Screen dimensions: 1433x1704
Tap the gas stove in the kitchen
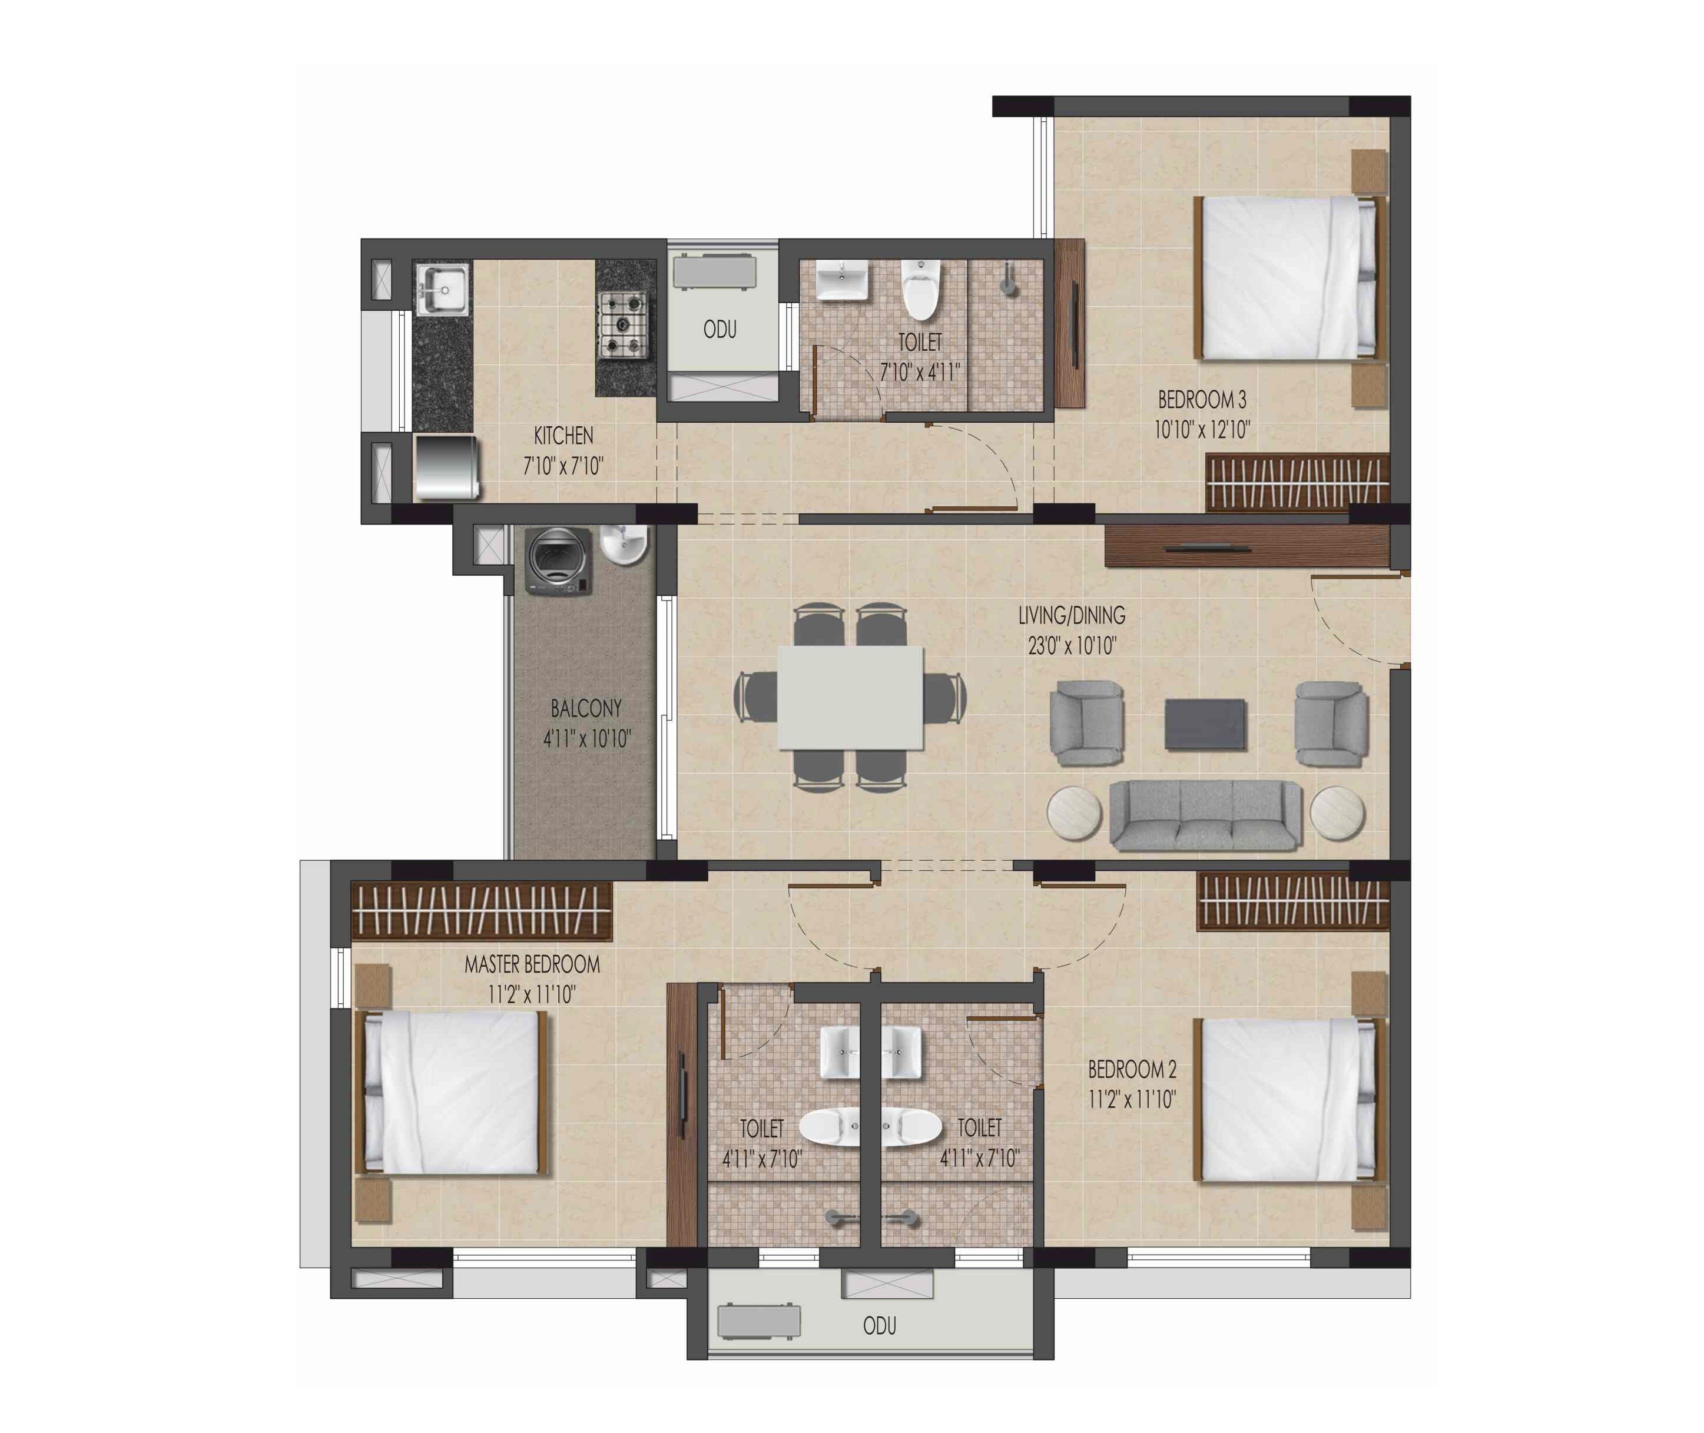click(622, 325)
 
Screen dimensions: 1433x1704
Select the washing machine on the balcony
click(558, 560)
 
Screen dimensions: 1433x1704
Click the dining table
click(850, 697)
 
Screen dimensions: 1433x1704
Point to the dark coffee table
click(1205, 724)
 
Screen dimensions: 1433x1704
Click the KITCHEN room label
click(563, 436)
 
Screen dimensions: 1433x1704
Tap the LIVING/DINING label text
click(1072, 616)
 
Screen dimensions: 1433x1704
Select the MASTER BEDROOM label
click(532, 964)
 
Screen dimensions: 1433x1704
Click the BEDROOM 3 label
click(1202, 400)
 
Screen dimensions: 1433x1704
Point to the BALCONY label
click(586, 708)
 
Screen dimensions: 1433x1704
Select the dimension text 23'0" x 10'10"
click(1072, 646)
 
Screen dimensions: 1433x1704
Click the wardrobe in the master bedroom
click(482, 909)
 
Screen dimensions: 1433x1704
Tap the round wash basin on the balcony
click(625, 543)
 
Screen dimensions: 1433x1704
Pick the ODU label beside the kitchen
click(720, 330)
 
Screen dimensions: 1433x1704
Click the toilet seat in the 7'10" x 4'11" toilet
click(921, 288)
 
